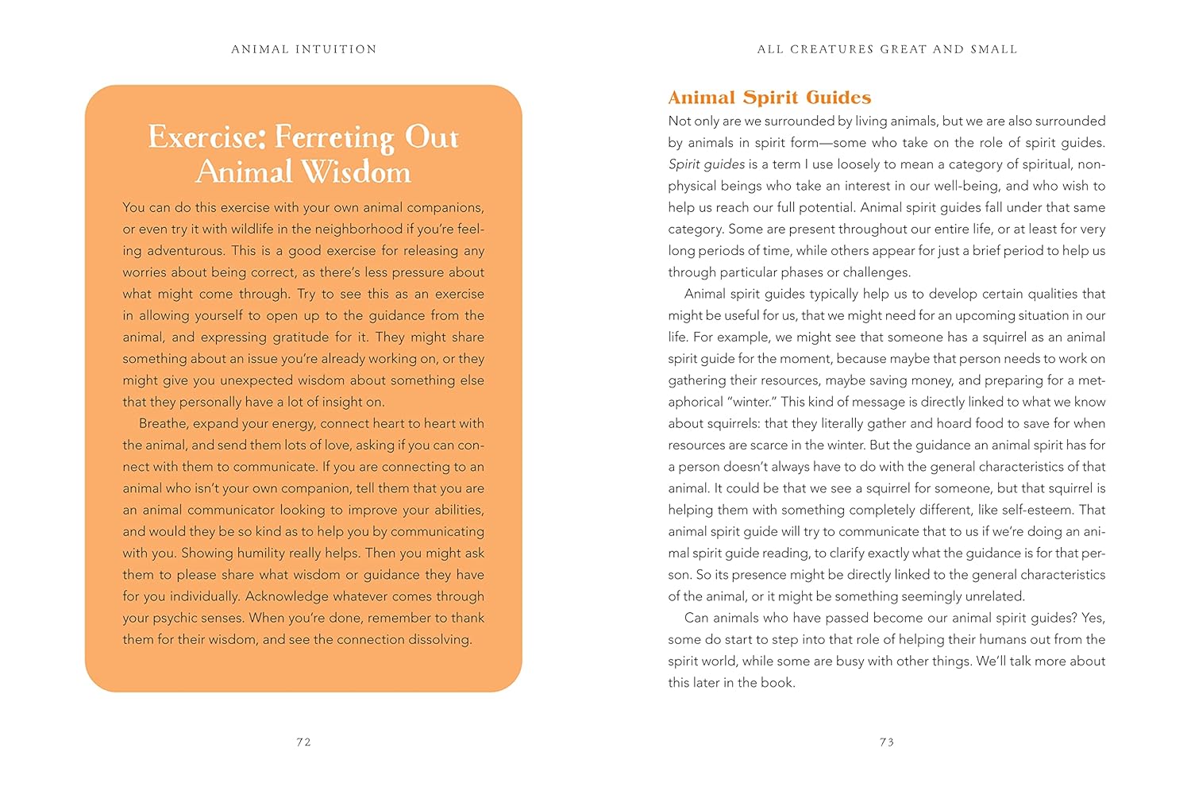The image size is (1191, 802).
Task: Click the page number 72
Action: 303,742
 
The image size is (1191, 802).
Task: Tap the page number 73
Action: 887,742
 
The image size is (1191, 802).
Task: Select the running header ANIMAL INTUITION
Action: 304,49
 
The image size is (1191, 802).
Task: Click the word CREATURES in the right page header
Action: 832,49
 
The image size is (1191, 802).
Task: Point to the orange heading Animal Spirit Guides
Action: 769,98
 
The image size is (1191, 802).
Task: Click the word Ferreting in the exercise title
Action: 334,138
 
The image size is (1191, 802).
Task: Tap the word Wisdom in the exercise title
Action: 357,172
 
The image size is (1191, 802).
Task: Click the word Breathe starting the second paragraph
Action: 164,424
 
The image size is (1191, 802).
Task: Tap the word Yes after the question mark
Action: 1093,619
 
